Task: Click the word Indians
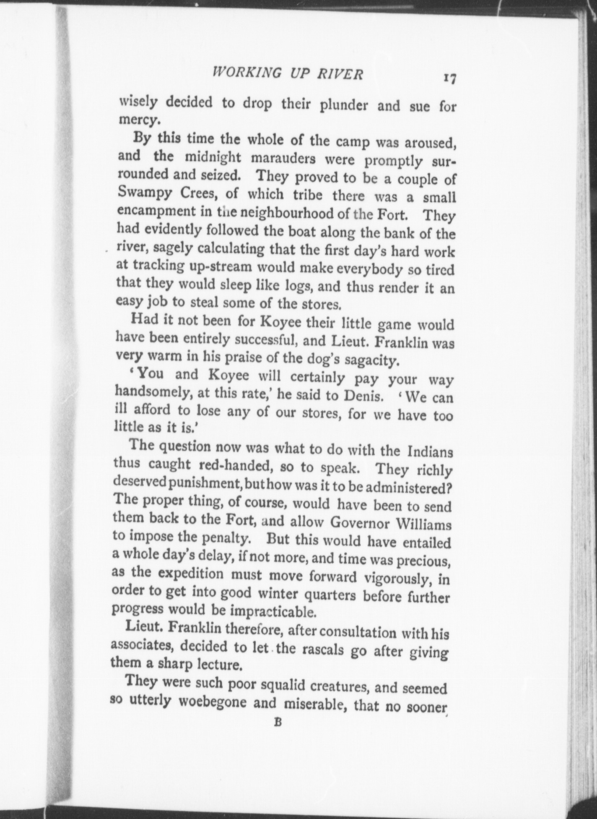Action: click(x=430, y=452)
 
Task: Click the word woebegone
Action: click(x=214, y=702)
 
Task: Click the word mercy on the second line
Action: click(x=138, y=120)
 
